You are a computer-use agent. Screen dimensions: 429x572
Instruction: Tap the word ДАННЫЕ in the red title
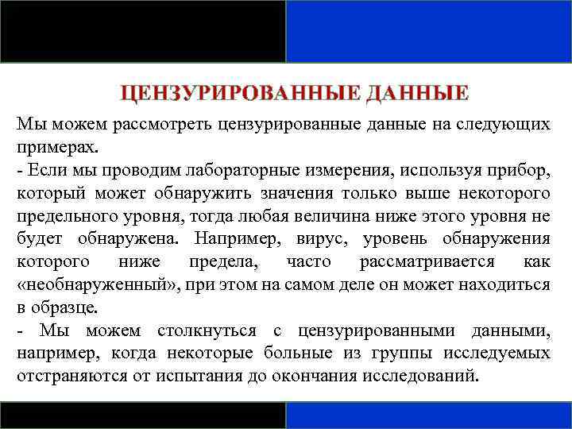click(x=418, y=94)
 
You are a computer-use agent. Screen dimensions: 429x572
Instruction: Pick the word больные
click(x=330, y=353)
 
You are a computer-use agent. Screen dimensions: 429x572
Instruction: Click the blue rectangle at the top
click(x=428, y=30)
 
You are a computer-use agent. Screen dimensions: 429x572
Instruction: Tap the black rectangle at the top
click(x=143, y=30)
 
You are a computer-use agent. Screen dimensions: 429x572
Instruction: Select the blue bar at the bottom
click(x=428, y=415)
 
